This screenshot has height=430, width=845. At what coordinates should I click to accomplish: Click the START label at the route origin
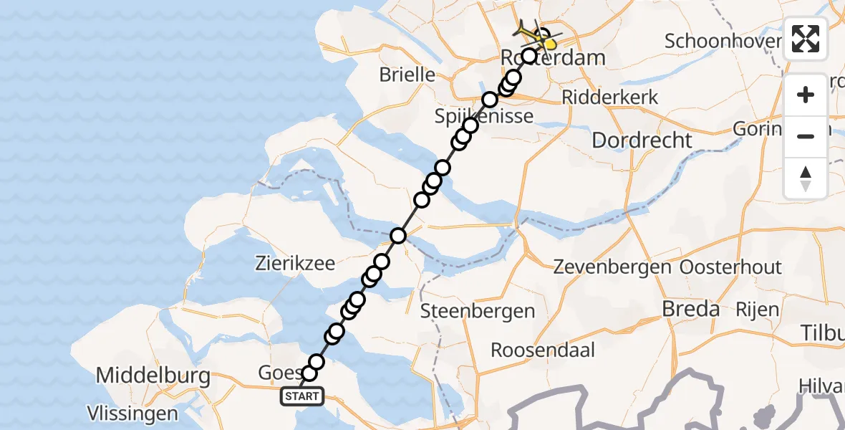point(303,396)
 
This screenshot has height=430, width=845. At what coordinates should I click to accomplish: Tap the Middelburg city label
point(153,376)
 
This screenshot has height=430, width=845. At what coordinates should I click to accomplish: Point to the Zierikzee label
point(295,263)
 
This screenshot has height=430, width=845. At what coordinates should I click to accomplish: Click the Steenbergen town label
point(478,311)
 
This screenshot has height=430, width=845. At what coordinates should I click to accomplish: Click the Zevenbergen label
point(612,267)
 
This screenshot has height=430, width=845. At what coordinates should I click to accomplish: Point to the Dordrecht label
point(642,140)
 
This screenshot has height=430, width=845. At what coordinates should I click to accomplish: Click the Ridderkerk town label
point(610,97)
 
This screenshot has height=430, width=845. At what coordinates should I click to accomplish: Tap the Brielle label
point(407,74)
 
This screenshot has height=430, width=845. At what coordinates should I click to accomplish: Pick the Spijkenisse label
point(485,116)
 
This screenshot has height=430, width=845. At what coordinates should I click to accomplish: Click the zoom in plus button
point(806,95)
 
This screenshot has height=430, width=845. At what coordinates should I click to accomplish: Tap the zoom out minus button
point(806,136)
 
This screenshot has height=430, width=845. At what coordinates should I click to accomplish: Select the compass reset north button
point(806,178)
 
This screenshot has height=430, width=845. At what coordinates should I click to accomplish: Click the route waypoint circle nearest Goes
point(309,373)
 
